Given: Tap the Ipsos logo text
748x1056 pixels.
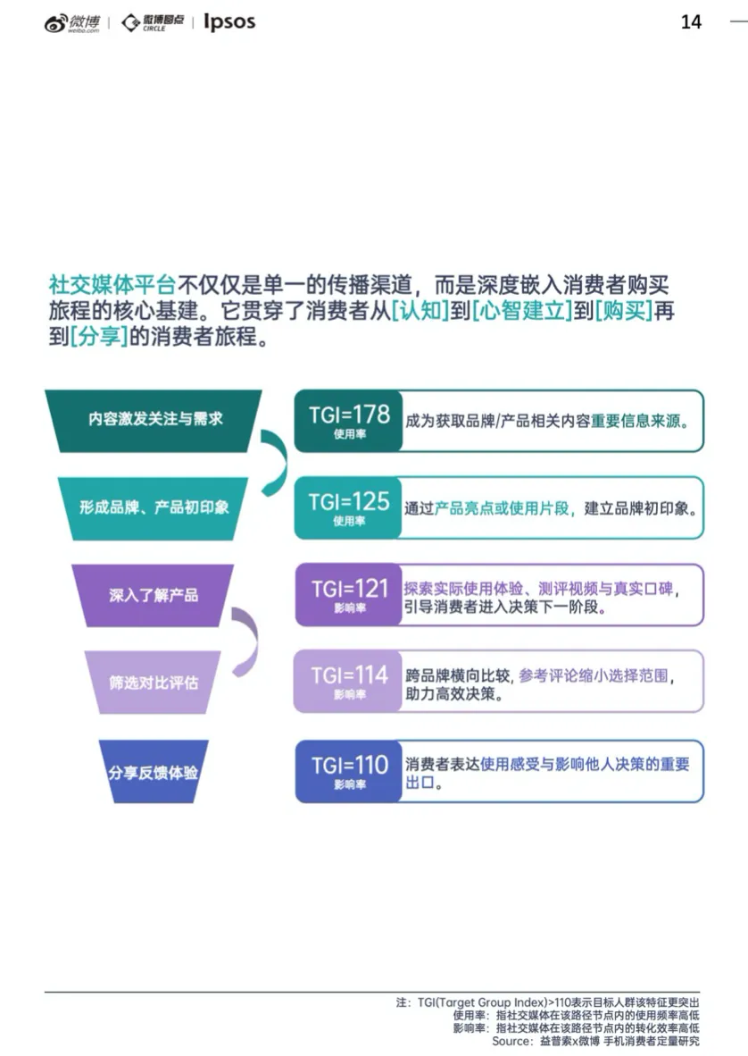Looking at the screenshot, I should [229, 21].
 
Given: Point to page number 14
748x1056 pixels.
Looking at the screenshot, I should [691, 22].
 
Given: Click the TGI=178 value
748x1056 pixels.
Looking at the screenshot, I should [349, 415].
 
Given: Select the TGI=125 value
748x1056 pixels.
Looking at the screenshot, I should [349, 502].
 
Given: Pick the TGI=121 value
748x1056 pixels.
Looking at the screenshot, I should [349, 589].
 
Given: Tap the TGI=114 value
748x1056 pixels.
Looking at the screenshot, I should [349, 675].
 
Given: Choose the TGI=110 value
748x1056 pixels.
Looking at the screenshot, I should [349, 766].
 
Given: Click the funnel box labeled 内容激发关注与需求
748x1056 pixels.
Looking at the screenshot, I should [154, 419].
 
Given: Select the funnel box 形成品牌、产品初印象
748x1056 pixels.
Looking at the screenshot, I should [154, 507].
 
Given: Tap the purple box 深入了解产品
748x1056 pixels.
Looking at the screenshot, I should [154, 595].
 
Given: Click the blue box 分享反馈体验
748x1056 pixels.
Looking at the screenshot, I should [154, 772].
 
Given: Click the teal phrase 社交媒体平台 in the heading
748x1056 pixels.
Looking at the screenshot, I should [112, 285].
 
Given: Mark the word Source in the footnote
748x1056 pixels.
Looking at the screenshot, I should [511, 1042].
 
